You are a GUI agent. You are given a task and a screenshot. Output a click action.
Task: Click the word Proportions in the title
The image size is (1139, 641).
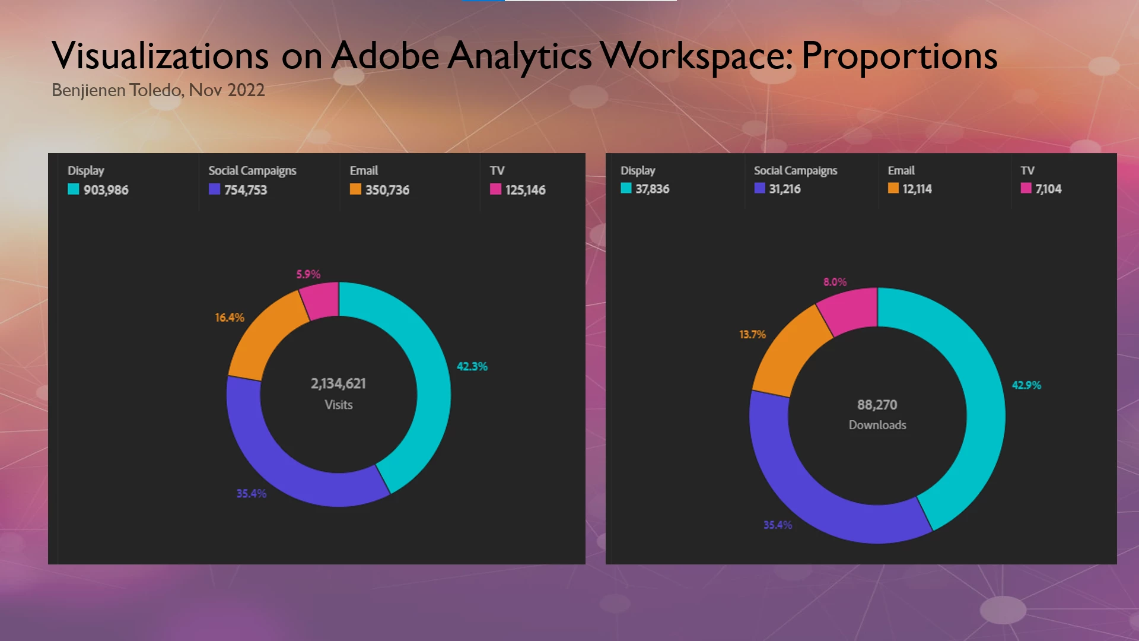(x=899, y=56)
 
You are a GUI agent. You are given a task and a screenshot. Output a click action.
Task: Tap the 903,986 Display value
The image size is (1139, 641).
(x=106, y=190)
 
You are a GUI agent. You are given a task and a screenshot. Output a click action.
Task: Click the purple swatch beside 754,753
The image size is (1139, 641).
(x=214, y=189)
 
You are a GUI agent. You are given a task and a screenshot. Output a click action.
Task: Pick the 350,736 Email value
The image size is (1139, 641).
(x=387, y=190)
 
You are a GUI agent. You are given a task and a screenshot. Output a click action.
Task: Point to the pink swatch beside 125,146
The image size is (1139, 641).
(x=495, y=189)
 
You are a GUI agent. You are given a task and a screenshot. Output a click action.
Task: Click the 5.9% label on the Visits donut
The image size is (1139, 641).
(x=308, y=274)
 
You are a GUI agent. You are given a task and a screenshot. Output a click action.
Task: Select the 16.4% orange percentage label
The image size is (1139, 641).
(x=229, y=318)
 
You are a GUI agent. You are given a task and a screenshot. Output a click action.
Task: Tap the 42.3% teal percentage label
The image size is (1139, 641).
(x=472, y=367)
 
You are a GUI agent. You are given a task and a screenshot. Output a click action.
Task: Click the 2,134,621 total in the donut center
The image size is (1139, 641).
(x=338, y=383)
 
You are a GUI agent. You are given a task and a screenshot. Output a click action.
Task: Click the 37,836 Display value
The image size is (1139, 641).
(x=652, y=189)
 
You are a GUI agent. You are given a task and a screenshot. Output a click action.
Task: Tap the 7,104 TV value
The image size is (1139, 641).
(x=1048, y=189)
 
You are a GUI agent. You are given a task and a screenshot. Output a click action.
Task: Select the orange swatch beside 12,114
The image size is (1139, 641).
(x=893, y=188)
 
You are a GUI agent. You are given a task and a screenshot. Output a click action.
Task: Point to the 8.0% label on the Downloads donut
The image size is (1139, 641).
(x=835, y=282)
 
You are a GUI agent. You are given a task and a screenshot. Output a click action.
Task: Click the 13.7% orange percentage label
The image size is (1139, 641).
(x=752, y=335)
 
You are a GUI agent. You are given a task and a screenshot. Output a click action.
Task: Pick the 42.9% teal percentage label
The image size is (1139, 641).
(x=1026, y=385)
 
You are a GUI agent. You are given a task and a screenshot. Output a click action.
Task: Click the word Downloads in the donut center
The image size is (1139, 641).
(x=877, y=425)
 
